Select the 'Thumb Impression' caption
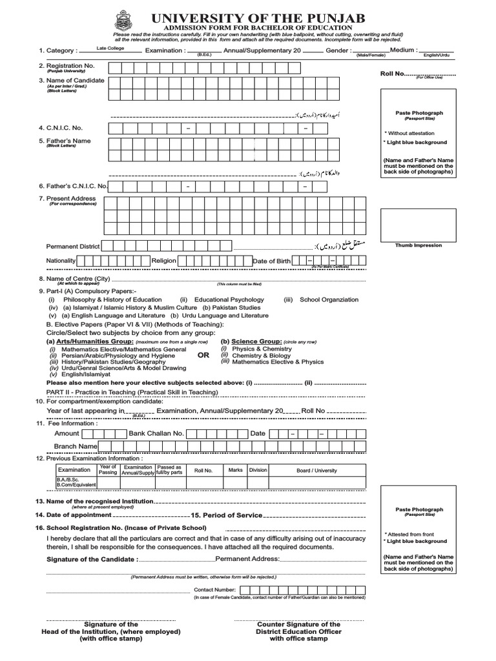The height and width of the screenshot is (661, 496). [418, 245]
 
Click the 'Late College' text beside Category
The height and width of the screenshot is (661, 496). [110, 48]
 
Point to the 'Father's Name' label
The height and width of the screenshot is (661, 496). [65, 141]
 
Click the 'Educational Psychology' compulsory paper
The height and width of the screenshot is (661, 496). [229, 300]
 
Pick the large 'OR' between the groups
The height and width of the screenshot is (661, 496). [203, 355]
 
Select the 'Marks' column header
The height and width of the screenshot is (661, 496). [236, 470]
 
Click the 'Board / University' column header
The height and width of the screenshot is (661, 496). [316, 471]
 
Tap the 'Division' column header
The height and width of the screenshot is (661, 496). [258, 470]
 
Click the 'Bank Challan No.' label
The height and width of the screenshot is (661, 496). [157, 433]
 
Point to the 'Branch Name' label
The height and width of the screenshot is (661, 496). [76, 446]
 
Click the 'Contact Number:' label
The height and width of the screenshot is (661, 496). [215, 590]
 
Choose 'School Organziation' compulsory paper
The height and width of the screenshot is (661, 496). [329, 300]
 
